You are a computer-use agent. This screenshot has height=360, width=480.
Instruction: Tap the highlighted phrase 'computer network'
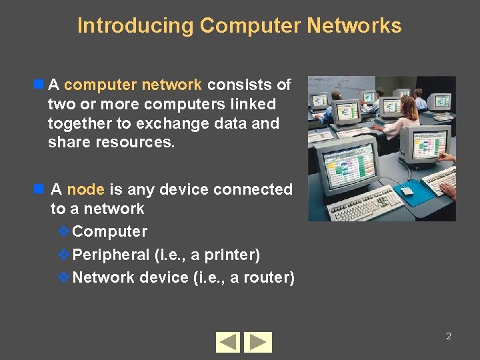[133, 85]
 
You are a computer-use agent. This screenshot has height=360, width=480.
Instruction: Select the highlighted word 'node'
[85, 189]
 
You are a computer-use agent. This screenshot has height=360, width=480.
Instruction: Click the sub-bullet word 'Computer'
[109, 232]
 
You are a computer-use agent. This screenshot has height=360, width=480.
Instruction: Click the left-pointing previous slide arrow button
[229, 342]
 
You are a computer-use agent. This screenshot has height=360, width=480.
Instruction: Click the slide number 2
[449, 336]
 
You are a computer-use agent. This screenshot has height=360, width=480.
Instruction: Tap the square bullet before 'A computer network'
[39, 85]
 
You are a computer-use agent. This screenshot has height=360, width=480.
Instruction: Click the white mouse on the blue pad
[407, 191]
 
